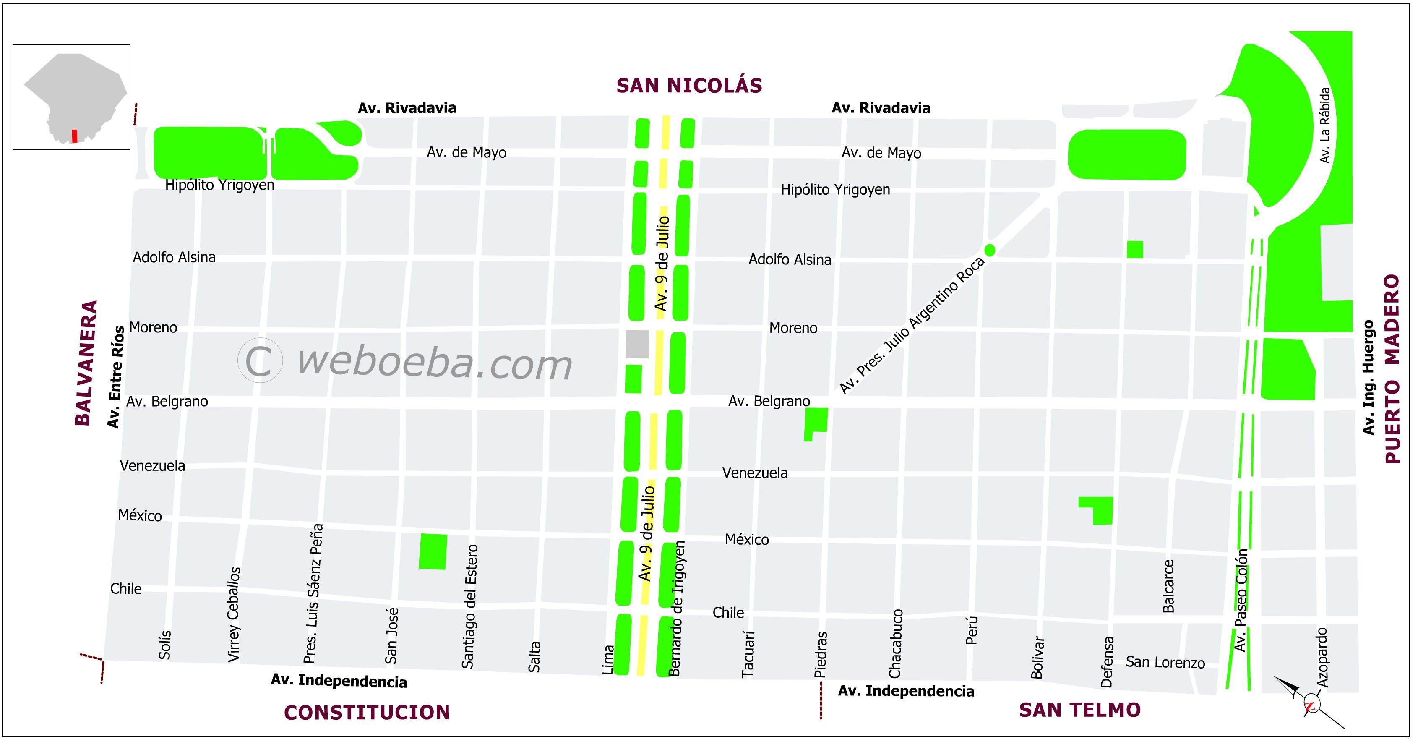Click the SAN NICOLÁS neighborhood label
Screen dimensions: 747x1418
(x=688, y=86)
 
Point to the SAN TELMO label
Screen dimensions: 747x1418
(x=1079, y=710)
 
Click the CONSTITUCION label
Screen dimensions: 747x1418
(x=367, y=713)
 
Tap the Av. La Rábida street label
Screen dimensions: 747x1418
(x=1324, y=125)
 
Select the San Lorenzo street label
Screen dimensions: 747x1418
(x=1165, y=662)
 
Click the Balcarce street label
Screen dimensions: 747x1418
(x=1168, y=586)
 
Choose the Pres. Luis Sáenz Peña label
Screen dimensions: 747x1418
(x=313, y=593)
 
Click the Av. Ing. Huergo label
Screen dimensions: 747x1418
(x=1369, y=377)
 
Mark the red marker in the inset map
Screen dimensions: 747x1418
(x=74, y=136)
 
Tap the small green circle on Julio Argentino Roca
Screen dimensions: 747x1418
(x=990, y=251)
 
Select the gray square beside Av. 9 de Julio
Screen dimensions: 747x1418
(x=637, y=345)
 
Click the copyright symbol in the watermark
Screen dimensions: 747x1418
(x=260, y=360)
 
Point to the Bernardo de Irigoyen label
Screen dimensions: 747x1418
(x=677, y=608)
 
